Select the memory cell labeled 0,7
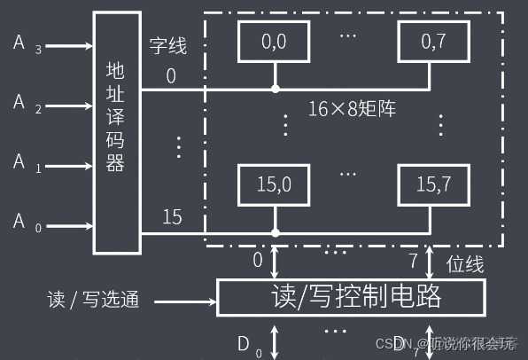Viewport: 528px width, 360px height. (x=431, y=39)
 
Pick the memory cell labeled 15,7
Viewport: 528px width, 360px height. (x=431, y=184)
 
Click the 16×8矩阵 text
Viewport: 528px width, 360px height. (x=353, y=109)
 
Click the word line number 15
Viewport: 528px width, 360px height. (x=172, y=216)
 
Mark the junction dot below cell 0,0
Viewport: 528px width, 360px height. (x=276, y=90)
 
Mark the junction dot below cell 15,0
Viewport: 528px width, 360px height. (x=276, y=233)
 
